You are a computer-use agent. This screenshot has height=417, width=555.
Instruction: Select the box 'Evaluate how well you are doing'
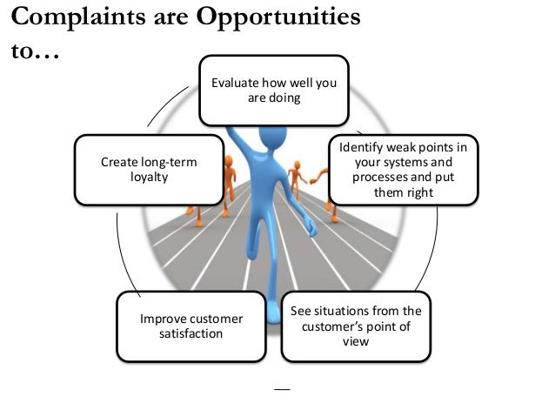[273, 91]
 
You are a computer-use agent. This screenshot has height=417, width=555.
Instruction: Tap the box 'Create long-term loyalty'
[149, 169]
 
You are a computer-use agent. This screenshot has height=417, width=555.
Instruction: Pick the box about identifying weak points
[402, 169]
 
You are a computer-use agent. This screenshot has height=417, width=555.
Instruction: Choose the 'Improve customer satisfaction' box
[191, 326]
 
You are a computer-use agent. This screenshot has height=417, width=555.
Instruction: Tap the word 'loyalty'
[149, 177]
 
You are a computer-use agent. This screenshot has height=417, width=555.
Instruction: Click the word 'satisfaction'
[191, 333]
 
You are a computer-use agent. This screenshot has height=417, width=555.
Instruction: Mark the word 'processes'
[379, 177]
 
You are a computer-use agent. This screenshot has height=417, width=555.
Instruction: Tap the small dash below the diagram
[278, 386]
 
